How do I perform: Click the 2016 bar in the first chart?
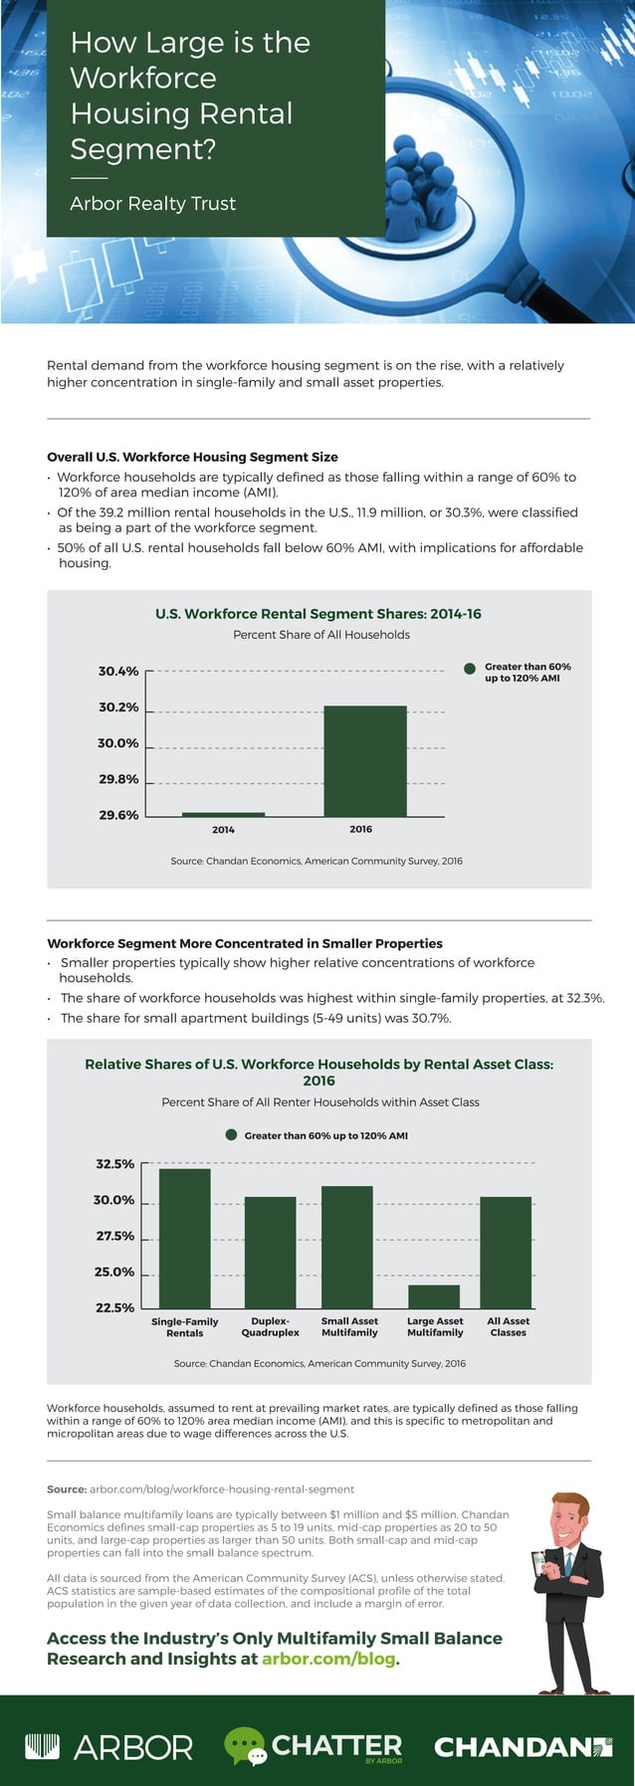364,761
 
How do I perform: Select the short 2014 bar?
223,815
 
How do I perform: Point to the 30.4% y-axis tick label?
118,672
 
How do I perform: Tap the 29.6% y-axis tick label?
118,815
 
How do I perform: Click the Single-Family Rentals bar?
185,1238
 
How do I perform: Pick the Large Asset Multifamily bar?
434,1296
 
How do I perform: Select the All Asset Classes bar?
506,1252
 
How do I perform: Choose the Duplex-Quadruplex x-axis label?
270,1326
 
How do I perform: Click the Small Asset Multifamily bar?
347,1247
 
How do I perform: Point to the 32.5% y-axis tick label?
114,1164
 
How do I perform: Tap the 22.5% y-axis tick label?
114,1307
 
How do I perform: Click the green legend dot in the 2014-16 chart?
470,669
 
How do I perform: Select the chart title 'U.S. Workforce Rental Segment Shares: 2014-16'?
318,614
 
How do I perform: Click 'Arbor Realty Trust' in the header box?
152,204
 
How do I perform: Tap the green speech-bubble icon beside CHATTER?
245,1746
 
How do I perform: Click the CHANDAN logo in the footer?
524,1746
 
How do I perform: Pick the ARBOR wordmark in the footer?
109,1746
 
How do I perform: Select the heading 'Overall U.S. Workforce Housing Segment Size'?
192,457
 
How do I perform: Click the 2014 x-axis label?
223,830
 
